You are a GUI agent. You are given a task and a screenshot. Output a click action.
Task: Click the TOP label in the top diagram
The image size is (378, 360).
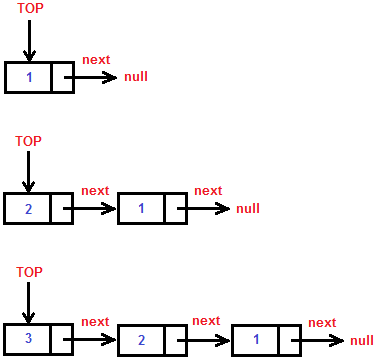click(30, 10)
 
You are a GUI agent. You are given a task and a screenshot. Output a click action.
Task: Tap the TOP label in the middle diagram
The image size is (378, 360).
click(29, 141)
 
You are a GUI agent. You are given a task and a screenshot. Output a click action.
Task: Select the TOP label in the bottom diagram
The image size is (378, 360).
click(29, 272)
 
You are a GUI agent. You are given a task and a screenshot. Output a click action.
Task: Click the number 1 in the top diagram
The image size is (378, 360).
click(29, 77)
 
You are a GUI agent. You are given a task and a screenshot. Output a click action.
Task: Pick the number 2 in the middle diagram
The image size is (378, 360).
click(28, 208)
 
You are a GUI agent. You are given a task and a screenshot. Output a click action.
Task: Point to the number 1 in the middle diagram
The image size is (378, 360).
click(141, 209)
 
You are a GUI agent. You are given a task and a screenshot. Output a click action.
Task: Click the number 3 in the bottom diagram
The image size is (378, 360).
click(28, 338)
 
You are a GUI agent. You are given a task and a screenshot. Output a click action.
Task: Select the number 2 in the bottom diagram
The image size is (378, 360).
click(141, 340)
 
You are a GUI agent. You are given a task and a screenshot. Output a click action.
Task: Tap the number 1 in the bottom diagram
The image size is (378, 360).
click(255, 339)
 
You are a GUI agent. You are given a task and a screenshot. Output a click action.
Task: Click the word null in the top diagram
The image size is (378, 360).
click(136, 77)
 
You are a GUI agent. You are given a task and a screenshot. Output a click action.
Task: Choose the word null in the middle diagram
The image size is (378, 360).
click(248, 209)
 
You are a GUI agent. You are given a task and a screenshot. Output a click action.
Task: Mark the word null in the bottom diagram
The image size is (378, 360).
click(362, 340)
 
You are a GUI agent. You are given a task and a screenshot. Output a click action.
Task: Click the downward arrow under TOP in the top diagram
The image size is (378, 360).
click(29, 40)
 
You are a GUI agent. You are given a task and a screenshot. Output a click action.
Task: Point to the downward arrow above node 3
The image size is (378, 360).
click(29, 302)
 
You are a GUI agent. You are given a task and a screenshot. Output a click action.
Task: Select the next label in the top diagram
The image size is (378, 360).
click(96, 60)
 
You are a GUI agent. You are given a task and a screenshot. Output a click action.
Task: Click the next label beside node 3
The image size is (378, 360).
click(95, 321)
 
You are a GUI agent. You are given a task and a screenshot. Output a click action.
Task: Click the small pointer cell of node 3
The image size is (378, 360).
click(63, 338)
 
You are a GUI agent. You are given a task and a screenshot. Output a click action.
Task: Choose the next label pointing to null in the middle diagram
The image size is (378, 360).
click(208, 191)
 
